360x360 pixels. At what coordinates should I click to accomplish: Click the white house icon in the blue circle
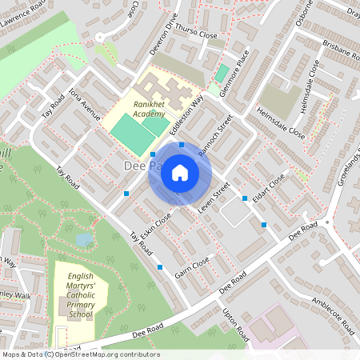point(180,173)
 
